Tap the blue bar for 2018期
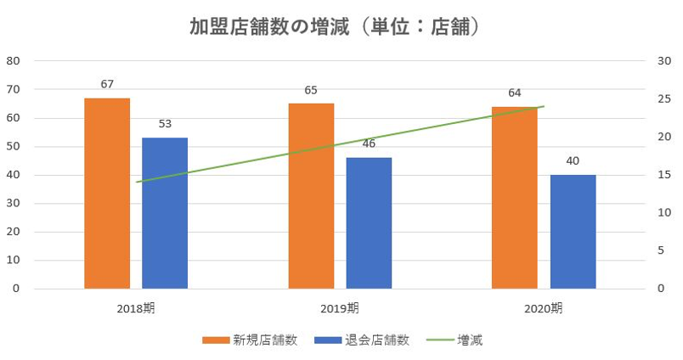[x=165, y=213]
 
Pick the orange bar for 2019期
[x=311, y=196]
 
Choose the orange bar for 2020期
[x=515, y=198]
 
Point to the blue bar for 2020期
[x=573, y=232]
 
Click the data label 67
[x=107, y=84]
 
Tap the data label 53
[x=165, y=124]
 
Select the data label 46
[x=369, y=143]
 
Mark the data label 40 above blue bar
[x=573, y=160]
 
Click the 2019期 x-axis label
[x=340, y=307]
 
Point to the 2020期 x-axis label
[x=544, y=307]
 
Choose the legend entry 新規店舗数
[x=250, y=340]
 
